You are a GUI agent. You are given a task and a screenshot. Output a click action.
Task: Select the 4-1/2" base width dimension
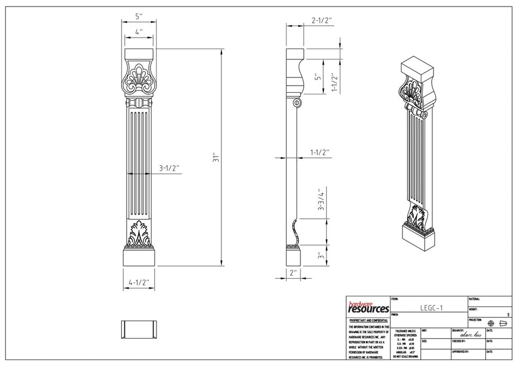(138, 283)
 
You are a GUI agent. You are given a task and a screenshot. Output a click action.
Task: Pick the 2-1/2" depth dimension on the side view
(321, 20)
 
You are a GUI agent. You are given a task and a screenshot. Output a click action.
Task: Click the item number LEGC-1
(431, 308)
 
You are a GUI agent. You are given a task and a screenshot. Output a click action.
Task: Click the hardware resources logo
(368, 307)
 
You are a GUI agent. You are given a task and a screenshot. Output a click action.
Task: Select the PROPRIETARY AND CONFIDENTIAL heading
(368, 321)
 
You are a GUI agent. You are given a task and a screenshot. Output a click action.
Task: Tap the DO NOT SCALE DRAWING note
(406, 356)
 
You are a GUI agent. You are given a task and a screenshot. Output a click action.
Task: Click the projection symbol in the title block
(496, 322)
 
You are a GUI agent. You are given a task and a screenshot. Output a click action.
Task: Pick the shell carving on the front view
(139, 81)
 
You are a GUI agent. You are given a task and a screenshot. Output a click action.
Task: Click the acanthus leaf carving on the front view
(139, 233)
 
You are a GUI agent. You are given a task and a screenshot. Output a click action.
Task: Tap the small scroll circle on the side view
(297, 103)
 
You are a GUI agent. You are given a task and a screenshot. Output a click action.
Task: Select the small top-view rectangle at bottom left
(138, 330)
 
